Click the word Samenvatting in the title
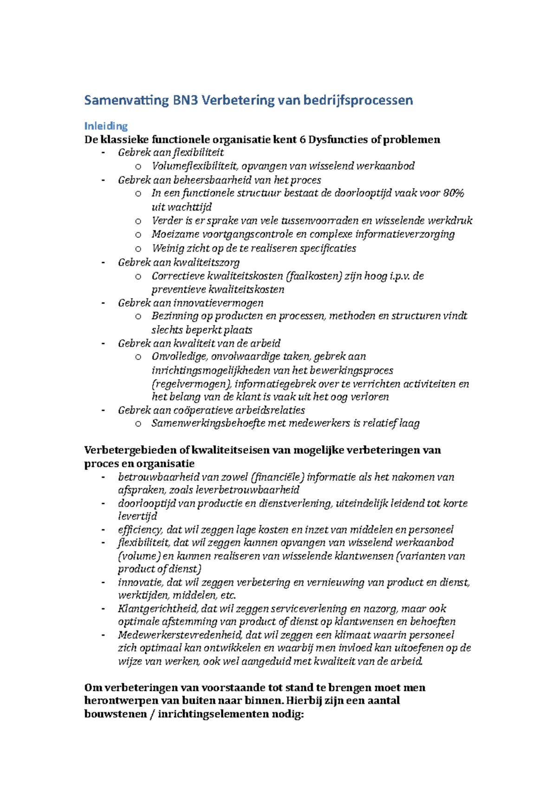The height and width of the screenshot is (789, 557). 126,100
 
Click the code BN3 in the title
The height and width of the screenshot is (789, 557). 185,100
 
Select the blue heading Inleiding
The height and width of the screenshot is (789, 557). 106,126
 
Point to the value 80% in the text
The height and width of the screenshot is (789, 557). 453,193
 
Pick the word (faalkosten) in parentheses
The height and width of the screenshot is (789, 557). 314,276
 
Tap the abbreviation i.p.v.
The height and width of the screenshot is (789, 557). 400,276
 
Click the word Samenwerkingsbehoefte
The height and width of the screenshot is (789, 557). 208,423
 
